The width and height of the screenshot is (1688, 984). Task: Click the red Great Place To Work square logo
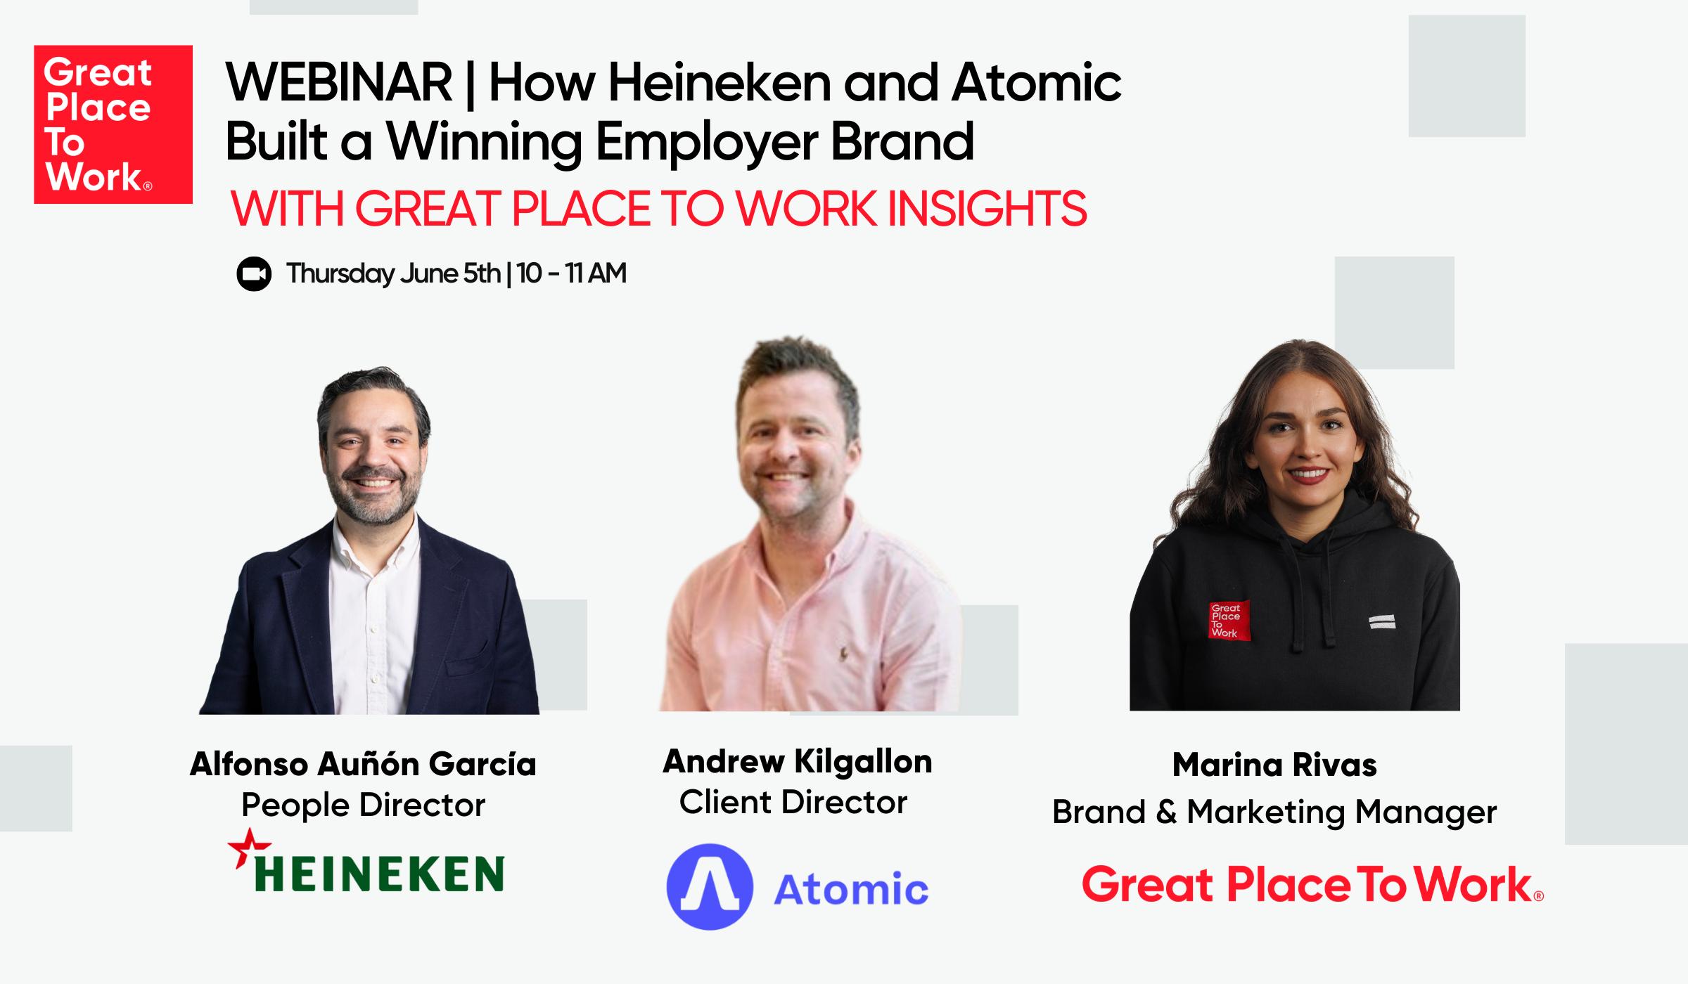pos(113,124)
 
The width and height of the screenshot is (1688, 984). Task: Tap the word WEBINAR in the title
pos(339,82)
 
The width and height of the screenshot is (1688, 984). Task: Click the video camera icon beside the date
pos(254,273)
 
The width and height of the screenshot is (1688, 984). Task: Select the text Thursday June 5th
pos(393,273)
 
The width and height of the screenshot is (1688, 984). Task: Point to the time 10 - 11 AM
pos(571,273)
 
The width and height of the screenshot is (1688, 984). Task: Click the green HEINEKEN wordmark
pos(379,874)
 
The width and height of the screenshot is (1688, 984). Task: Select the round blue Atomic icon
pos(710,887)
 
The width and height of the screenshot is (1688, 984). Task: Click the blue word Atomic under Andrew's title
pos(851,889)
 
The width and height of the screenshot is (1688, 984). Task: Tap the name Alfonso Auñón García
pos(363,764)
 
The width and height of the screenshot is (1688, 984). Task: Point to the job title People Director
pos(363,805)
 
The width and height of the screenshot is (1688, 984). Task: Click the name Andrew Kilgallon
pos(798,761)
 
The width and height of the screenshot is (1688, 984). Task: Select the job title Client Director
pos(793,802)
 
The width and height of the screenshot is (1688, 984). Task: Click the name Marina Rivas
pos(1274,765)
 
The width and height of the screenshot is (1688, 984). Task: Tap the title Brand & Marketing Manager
pos(1274,813)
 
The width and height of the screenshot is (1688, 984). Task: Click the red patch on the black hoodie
pos(1229,621)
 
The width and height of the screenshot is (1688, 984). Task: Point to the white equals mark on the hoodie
pos(1382,621)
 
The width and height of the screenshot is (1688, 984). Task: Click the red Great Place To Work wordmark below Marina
pos(1312,884)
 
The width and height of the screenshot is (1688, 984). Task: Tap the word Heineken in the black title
pos(720,82)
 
